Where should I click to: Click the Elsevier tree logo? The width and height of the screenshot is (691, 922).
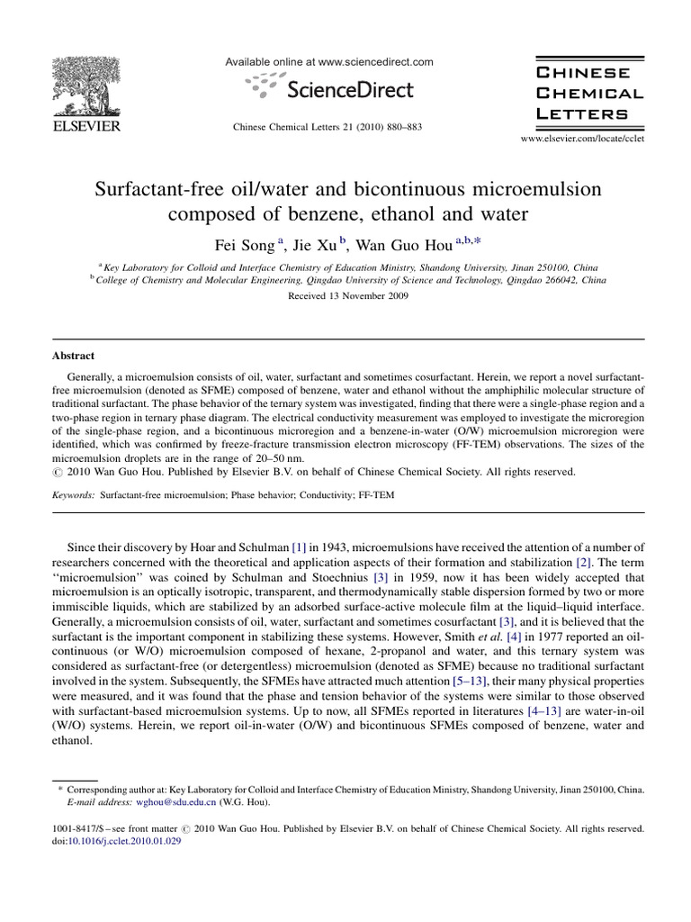coord(80,82)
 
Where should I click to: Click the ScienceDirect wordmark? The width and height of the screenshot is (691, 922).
coord(349,88)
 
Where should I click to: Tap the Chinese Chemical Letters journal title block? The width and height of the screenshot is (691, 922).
coord(589,93)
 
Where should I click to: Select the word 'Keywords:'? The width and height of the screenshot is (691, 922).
coord(70,495)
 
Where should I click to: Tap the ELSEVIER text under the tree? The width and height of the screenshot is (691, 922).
coord(80,126)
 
